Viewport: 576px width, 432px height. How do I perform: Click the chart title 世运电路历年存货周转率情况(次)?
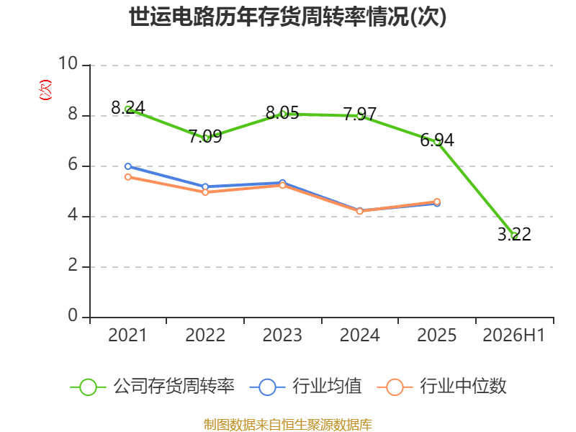pos(287,17)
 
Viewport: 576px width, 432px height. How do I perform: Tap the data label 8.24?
pos(128,107)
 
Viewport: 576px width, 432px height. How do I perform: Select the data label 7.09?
pos(205,136)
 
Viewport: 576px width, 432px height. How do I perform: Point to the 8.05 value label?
pos(282,112)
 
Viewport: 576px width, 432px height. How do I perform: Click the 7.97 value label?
pos(359,114)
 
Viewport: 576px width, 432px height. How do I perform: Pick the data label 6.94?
pos(437,140)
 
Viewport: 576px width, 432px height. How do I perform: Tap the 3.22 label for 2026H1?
pos(514,234)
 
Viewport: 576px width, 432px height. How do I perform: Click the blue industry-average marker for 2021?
pos(128,166)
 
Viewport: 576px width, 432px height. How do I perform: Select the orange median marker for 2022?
pos(205,192)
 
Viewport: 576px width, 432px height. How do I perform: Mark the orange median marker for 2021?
pos(128,177)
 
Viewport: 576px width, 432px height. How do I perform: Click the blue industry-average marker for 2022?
pos(205,186)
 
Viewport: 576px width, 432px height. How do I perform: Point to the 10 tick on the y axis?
pos(68,63)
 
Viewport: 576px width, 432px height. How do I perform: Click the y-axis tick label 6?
pos(73,165)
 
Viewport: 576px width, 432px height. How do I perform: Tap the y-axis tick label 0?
pos(73,315)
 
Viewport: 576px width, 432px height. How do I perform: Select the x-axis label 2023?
pos(282,336)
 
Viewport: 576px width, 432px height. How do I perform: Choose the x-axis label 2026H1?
pos(513,336)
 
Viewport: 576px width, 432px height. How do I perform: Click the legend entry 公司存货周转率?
pos(153,387)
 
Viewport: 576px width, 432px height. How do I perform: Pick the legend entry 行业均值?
pos(305,387)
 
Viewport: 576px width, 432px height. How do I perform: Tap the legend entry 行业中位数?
pos(442,387)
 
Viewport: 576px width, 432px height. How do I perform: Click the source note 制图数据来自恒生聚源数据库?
pos(287,425)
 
